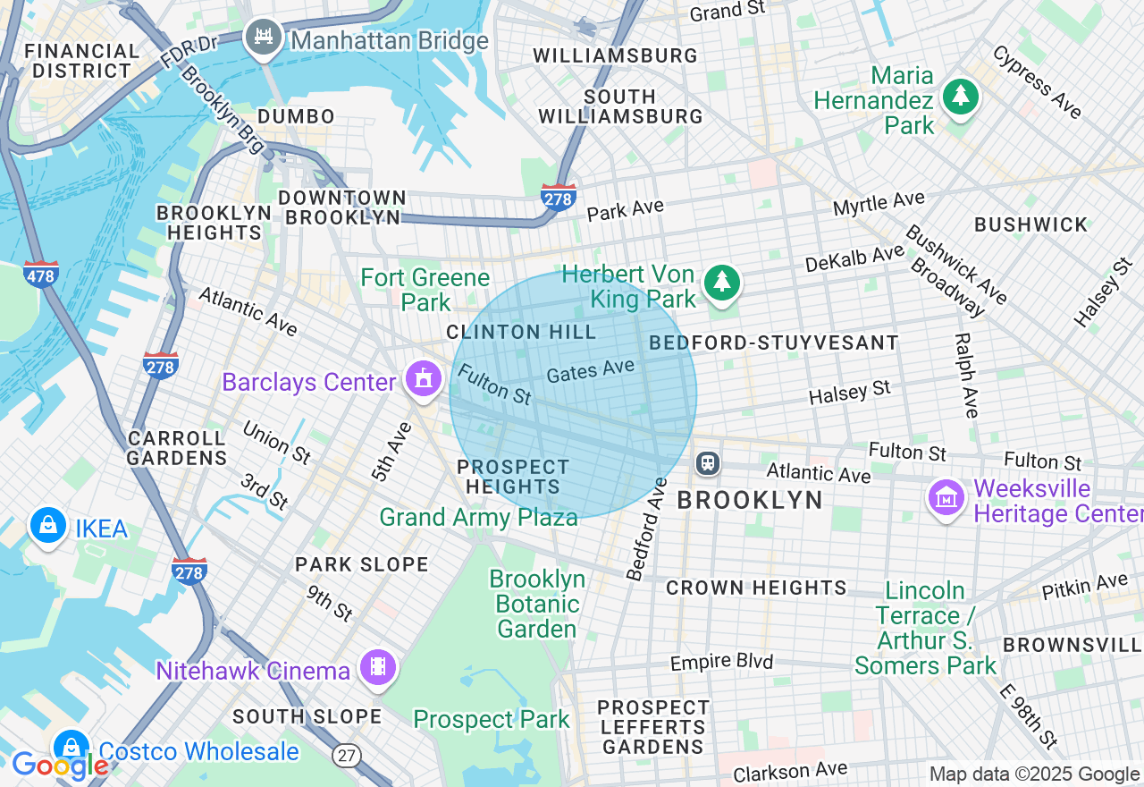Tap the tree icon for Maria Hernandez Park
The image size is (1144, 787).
click(x=962, y=96)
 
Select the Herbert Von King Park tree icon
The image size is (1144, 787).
click(x=722, y=283)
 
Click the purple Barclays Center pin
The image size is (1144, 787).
click(x=422, y=379)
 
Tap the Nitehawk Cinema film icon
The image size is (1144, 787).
click(x=378, y=667)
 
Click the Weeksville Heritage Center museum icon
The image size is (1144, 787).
click(x=946, y=498)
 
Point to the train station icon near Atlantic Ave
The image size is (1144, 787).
click(x=707, y=462)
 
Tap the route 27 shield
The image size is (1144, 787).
click(x=347, y=756)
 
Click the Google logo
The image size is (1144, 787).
click(x=59, y=766)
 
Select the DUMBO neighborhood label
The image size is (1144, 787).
click(x=296, y=117)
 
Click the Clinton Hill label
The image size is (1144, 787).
click(x=521, y=333)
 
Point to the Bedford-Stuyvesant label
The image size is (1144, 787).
click(x=774, y=343)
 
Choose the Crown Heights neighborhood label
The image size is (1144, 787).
click(x=756, y=588)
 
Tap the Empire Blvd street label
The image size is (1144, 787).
click(x=721, y=663)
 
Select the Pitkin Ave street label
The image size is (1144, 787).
click(x=1084, y=587)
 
